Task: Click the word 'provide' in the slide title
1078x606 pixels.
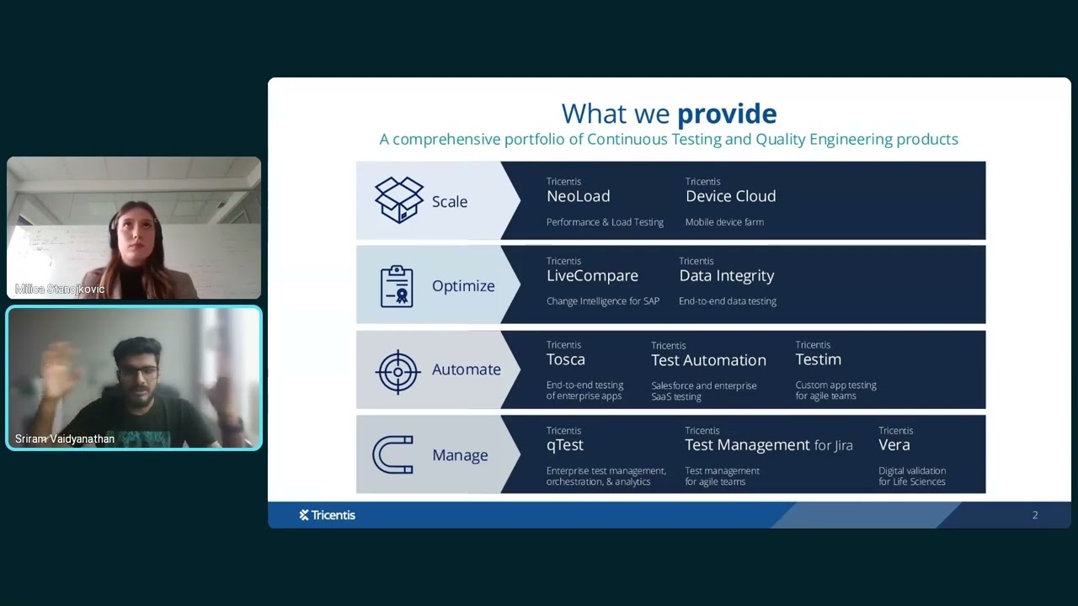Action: click(726, 114)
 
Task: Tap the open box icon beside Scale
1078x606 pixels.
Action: click(399, 200)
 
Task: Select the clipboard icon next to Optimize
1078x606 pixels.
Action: click(397, 286)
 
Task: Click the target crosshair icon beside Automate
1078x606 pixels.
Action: click(398, 370)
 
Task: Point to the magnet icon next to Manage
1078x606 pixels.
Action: click(393, 455)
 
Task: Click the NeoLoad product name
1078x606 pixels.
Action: click(578, 196)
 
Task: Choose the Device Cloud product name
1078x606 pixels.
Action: click(730, 196)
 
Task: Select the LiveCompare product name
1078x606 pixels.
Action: click(592, 276)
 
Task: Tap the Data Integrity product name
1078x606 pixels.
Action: click(726, 276)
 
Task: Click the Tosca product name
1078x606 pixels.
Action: click(565, 359)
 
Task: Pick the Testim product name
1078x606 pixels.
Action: click(818, 359)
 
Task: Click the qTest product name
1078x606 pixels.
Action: click(564, 445)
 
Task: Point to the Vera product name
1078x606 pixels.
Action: click(894, 445)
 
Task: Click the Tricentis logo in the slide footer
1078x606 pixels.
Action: click(327, 515)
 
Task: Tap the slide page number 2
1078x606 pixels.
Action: click(1035, 515)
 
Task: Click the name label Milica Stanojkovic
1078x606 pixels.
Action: click(60, 290)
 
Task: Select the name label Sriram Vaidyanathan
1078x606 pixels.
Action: click(65, 439)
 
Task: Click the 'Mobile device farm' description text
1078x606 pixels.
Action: click(724, 222)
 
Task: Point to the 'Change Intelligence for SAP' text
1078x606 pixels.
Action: click(602, 301)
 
